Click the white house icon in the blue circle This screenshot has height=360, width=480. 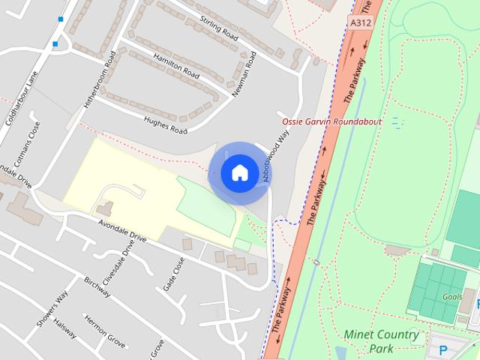(239, 173)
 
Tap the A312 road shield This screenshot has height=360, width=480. (360, 24)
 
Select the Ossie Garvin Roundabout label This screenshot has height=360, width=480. (331, 121)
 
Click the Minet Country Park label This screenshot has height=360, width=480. (381, 341)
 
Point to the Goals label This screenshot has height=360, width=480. (452, 297)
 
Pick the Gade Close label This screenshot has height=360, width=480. (173, 275)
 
